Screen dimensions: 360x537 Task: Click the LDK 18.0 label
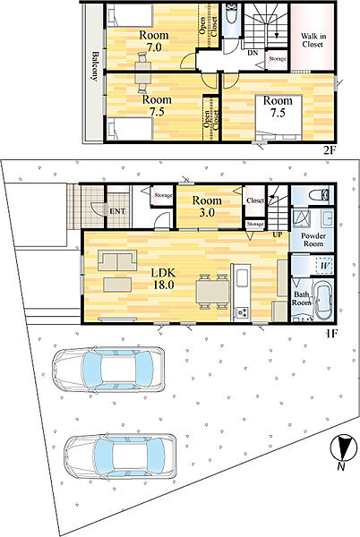pos(163,278)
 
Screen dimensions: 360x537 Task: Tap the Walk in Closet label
pos(313,40)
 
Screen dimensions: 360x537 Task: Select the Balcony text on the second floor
pos(95,66)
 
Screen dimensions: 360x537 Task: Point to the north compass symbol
pos(343,447)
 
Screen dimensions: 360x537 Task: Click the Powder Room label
pos(313,239)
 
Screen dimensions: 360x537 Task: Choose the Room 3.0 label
pos(207,206)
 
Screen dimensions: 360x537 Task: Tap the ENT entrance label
pos(117,211)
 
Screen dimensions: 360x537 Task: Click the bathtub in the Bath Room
pos(323,301)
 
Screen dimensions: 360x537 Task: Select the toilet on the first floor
pos(319,195)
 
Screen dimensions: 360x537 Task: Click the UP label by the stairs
pos(277,234)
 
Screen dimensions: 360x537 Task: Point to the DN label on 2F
pos(253,53)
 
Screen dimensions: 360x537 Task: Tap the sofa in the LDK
pos(117,260)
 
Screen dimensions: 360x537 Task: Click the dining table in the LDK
pos(212,292)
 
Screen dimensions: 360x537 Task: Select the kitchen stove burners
pos(242,312)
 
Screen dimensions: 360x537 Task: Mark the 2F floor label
pos(330,150)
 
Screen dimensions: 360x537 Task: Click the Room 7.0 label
pos(154,41)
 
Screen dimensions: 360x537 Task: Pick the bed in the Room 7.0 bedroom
pos(130,16)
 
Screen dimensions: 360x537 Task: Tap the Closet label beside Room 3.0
pos(255,200)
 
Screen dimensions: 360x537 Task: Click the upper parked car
pos(108,370)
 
